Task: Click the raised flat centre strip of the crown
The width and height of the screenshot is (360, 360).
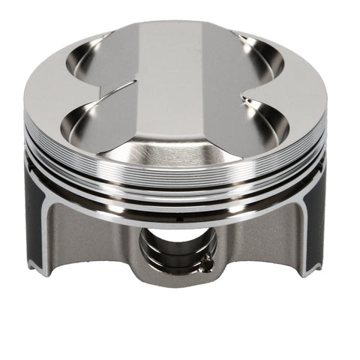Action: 180,75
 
